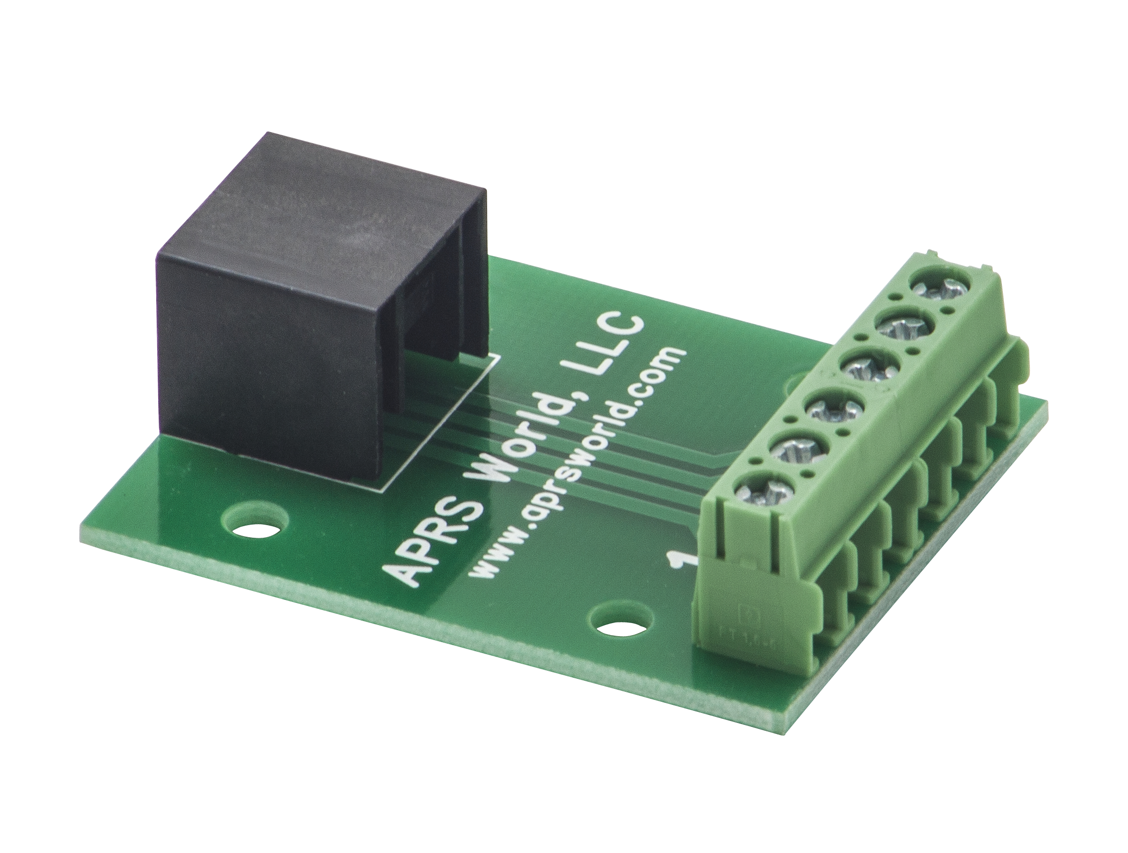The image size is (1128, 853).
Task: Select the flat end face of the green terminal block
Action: (739, 581)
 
